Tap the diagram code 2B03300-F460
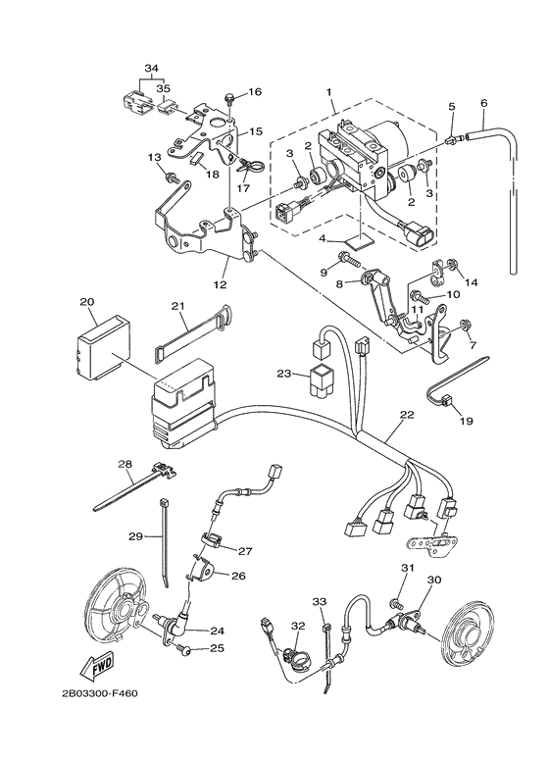pyautogui.click(x=100, y=693)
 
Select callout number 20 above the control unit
pyautogui.click(x=87, y=302)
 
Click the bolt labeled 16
pyautogui.click(x=228, y=100)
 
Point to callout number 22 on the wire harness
pyautogui.click(x=407, y=415)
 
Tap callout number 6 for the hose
pyautogui.click(x=484, y=103)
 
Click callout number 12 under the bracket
pyautogui.click(x=220, y=284)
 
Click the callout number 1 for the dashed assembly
pyautogui.click(x=329, y=91)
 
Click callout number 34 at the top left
pyautogui.click(x=152, y=69)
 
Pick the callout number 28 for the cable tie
pyautogui.click(x=125, y=464)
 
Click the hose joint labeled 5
pyautogui.click(x=451, y=140)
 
